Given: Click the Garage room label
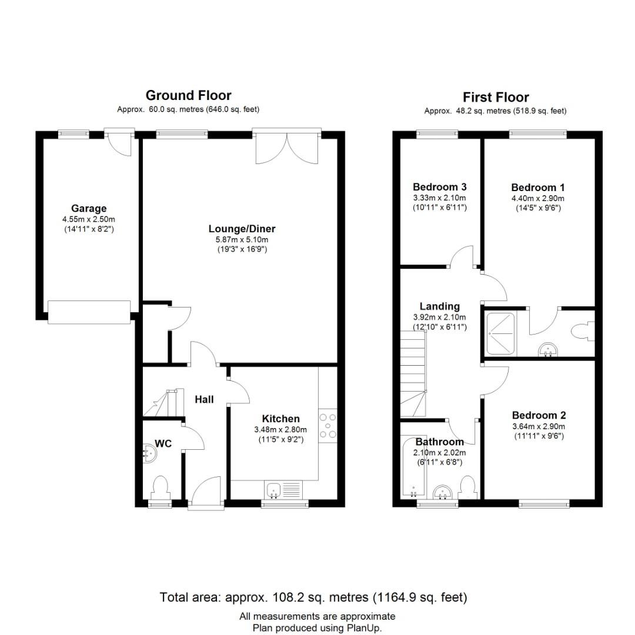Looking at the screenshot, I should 89,208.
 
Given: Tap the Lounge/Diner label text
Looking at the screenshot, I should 242,229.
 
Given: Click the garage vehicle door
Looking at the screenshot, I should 89,312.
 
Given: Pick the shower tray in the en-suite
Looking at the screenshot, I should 500,334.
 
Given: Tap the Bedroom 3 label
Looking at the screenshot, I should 439,187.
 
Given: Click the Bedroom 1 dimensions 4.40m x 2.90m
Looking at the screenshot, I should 537,198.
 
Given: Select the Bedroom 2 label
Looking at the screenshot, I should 538,415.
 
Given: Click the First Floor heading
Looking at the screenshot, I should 496,98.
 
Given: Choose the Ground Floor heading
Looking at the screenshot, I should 188,95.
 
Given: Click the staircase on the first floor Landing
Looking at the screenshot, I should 414,376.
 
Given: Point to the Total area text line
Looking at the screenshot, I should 313,598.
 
